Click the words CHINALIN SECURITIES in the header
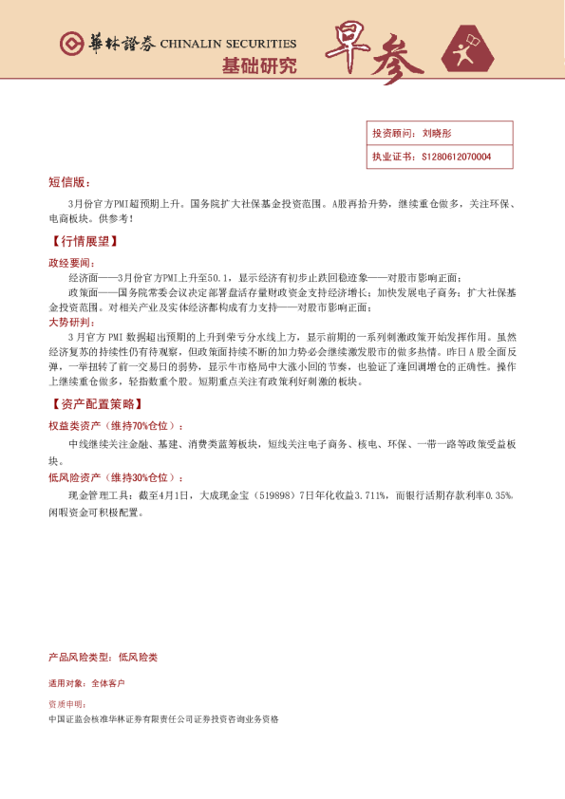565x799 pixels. pyautogui.click(x=228, y=44)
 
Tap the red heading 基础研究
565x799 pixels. pyautogui.click(x=258, y=65)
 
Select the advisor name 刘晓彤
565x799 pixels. pyautogui.click(x=438, y=135)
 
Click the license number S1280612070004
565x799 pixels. pyautogui.click(x=455, y=157)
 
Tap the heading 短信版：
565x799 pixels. pyautogui.click(x=68, y=181)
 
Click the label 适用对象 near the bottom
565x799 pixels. pyautogui.click(x=66, y=683)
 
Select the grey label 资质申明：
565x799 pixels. pyautogui.click(x=67, y=705)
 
